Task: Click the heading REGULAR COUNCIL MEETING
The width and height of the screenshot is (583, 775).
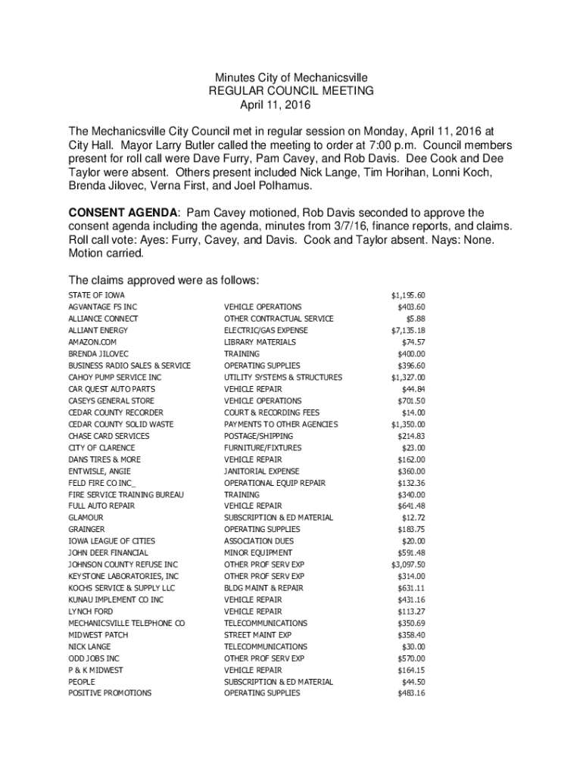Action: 291,91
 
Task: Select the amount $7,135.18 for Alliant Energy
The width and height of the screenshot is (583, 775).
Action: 408,331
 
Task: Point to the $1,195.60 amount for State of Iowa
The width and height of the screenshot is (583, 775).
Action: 408,295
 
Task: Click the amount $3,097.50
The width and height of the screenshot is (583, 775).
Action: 408,565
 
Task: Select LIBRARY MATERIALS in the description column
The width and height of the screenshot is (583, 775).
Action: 260,342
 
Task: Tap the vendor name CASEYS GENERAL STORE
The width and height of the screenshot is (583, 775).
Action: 111,400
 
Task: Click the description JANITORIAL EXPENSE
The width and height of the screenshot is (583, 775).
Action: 262,471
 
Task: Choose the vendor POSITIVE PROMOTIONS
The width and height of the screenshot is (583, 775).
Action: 110,693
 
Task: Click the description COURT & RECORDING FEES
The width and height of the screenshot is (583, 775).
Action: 272,412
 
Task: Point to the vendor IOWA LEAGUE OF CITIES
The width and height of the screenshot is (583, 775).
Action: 111,541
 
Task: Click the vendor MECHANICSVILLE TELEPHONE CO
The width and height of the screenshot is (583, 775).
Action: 126,623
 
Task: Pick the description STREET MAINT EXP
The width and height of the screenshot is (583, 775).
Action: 257,635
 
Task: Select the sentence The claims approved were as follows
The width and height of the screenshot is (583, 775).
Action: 164,280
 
